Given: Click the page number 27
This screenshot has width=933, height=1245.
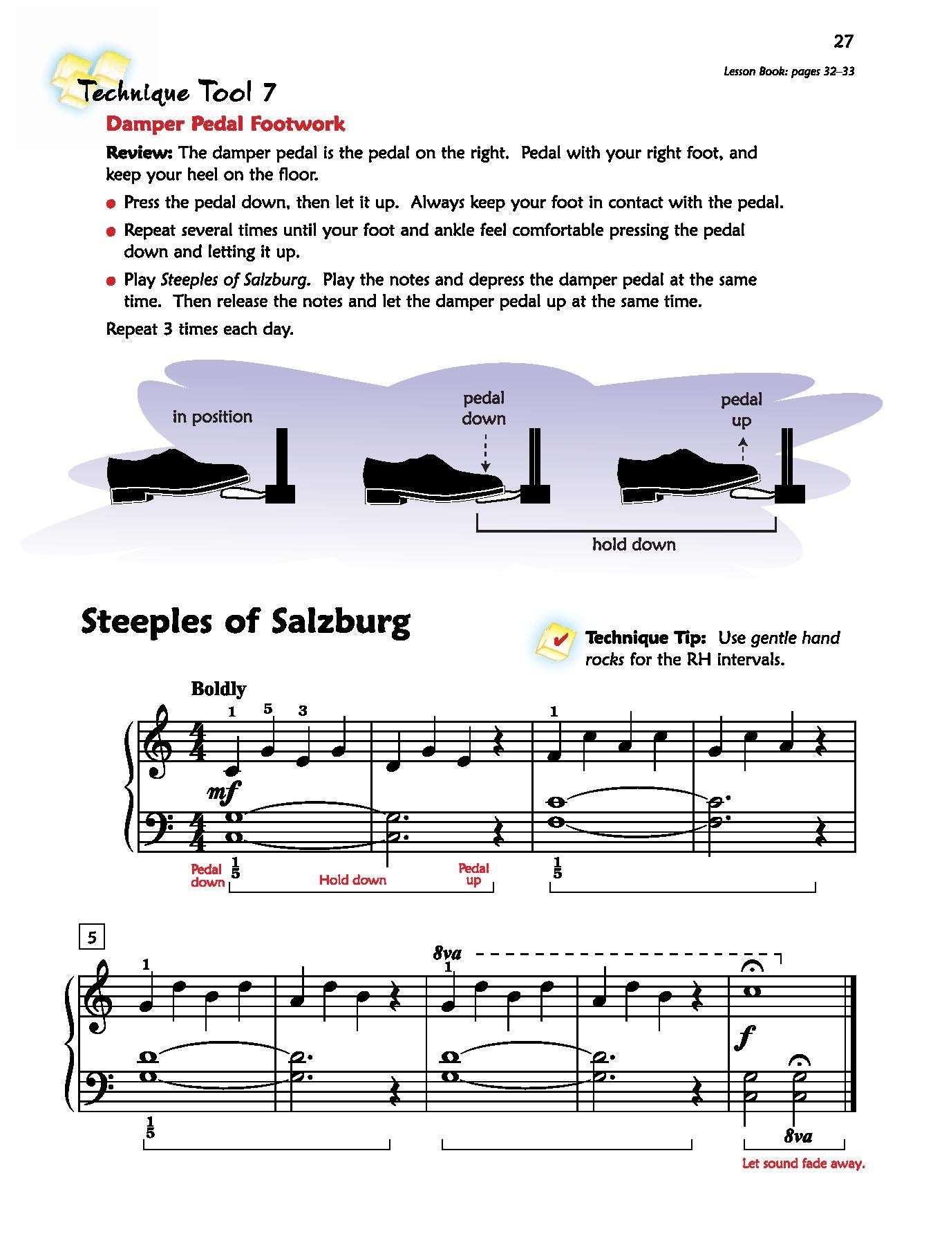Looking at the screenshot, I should (843, 42).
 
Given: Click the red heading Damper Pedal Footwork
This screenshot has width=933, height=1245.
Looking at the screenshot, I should (225, 124).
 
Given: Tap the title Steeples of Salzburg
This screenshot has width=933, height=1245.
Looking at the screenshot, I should (245, 622).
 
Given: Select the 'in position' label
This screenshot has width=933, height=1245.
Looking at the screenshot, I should (212, 416).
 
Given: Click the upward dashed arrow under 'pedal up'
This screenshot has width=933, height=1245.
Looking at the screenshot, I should (743, 448).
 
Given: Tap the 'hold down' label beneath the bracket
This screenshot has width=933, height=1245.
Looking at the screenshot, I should (634, 545).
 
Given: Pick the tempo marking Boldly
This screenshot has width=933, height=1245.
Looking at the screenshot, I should (218, 689).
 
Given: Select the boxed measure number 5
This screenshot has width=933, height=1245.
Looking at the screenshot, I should (92, 937).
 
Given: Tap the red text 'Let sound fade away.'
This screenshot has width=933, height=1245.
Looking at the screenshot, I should (803, 1163).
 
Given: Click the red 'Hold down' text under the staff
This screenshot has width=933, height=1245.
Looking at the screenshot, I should (352, 880).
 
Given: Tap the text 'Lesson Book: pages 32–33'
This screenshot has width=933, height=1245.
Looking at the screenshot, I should (789, 71).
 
